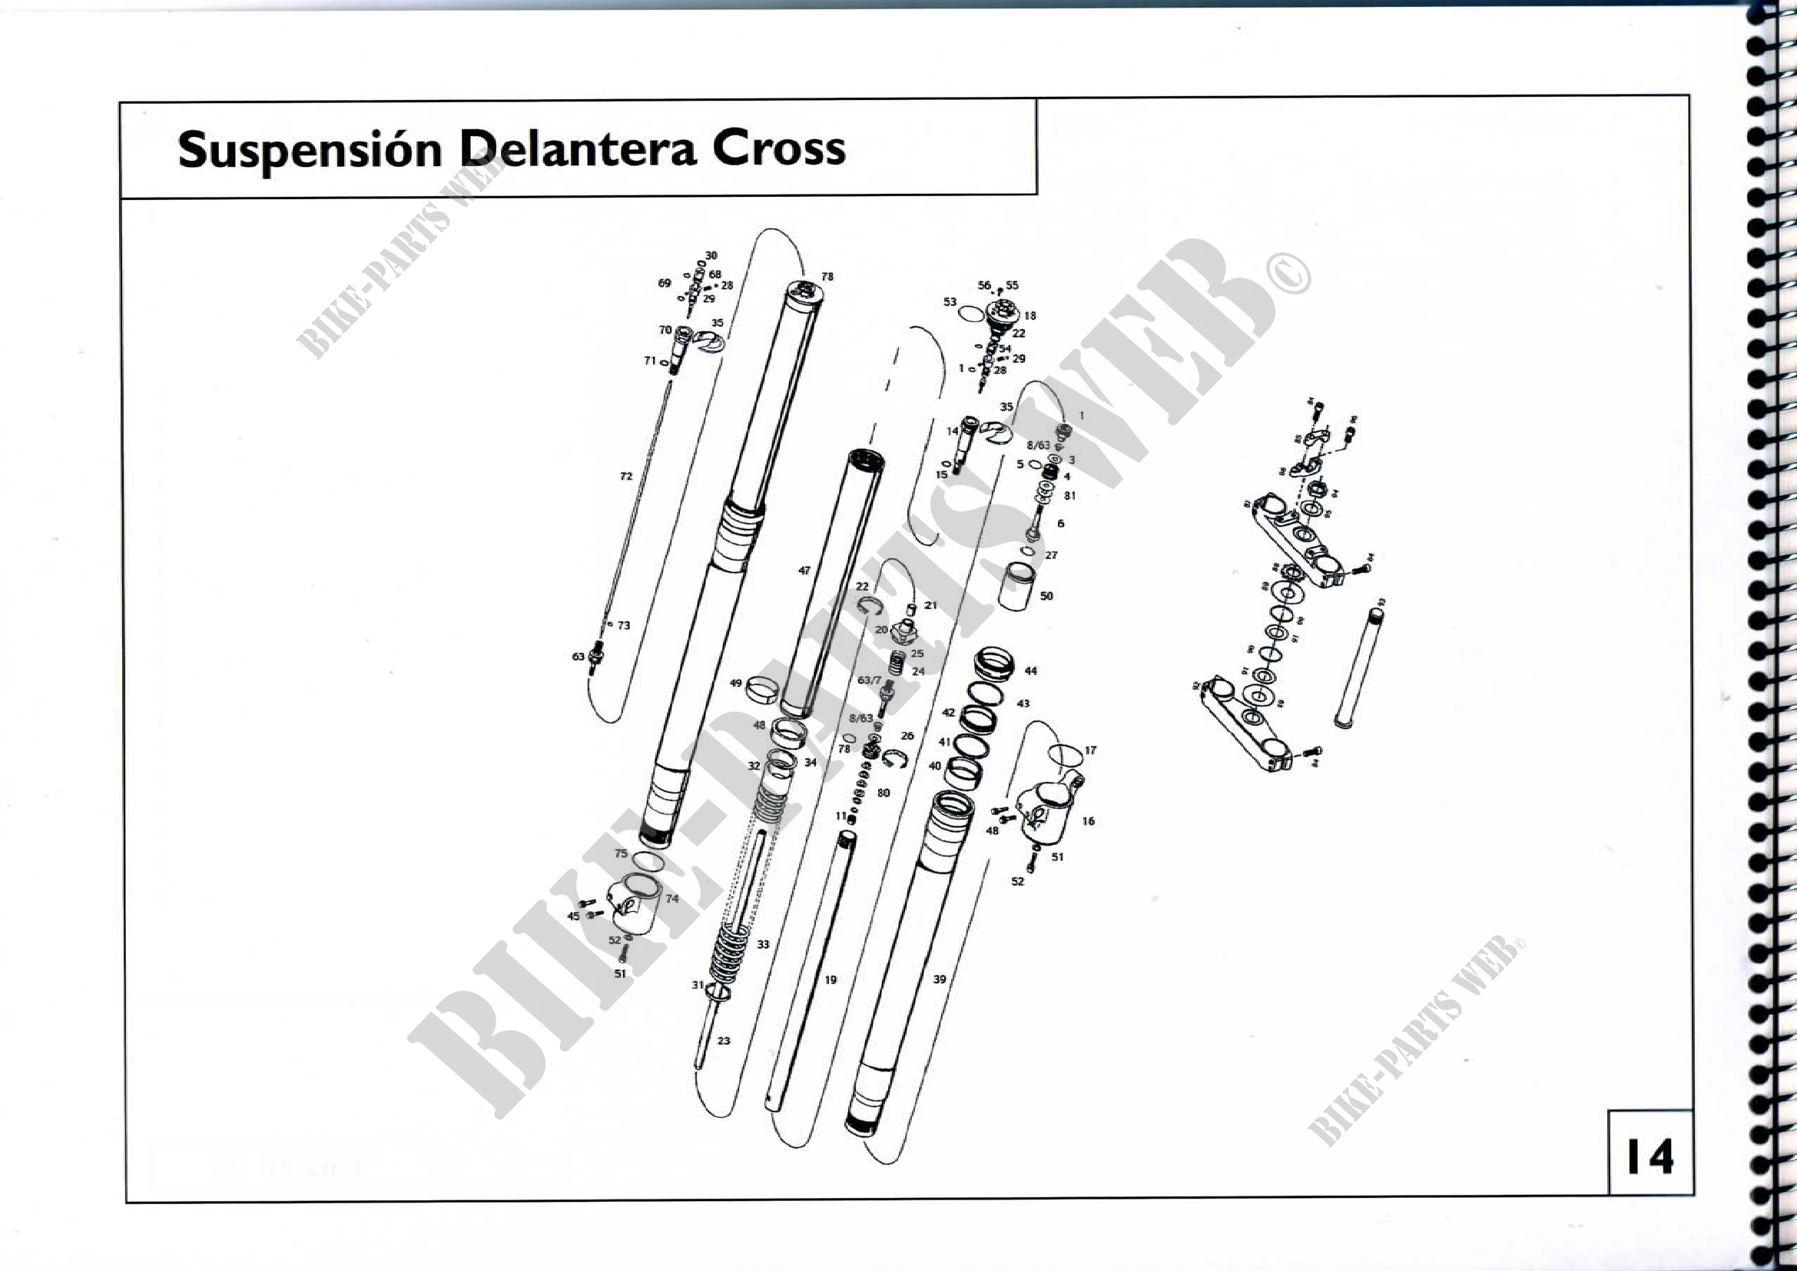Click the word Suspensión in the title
310,150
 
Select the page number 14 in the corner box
1649,1157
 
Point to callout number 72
626,476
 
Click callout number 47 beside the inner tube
804,571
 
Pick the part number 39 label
940,979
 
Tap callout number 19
831,980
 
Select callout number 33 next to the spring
763,944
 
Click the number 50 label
1046,596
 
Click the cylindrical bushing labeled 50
1016,585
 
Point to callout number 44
1031,671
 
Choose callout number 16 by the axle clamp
1088,821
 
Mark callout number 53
950,301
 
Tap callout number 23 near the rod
724,1041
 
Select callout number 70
665,330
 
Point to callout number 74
671,899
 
